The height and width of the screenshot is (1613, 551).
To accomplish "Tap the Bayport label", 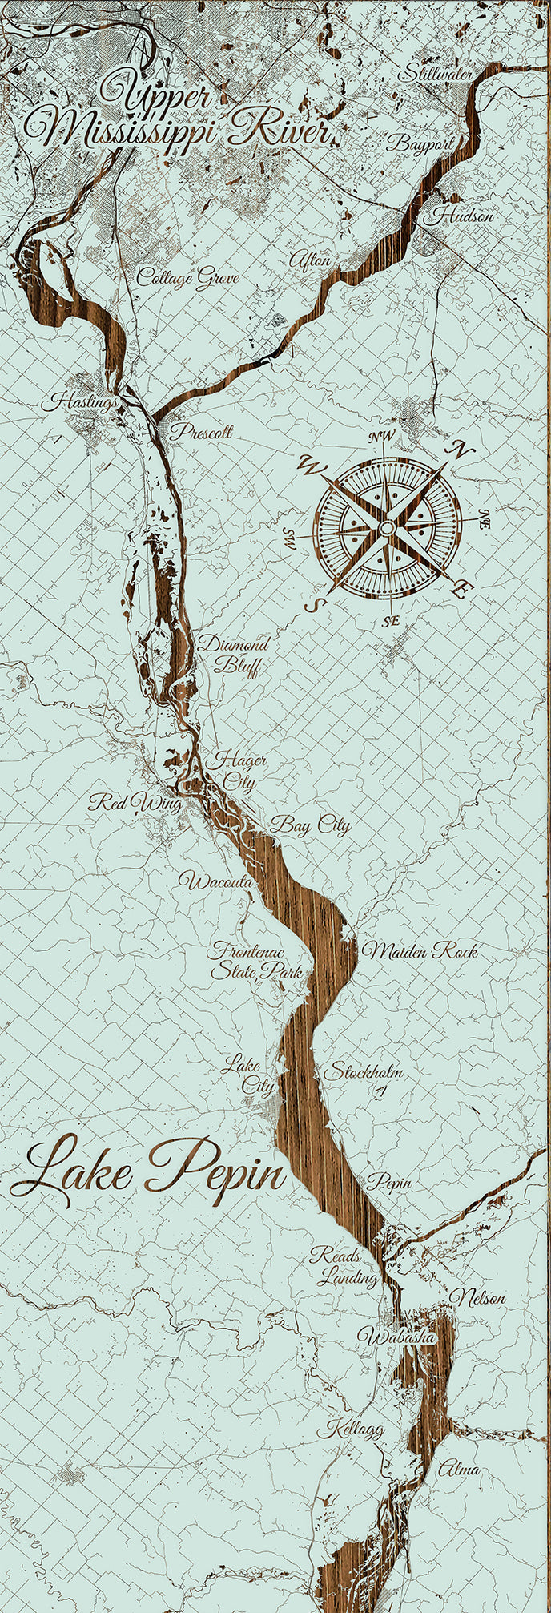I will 420,144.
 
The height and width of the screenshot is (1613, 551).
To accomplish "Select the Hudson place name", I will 462,216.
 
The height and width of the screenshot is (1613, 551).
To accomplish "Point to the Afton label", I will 308,261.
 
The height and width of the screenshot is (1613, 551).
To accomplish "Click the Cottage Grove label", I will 187,278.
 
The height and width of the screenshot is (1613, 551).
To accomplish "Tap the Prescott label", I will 200,432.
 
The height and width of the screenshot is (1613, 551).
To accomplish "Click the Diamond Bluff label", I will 233,655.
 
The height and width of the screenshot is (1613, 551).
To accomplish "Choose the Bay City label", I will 310,825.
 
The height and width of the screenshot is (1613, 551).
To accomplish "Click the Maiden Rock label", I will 420,951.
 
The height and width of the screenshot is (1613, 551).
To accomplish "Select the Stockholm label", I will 363,1071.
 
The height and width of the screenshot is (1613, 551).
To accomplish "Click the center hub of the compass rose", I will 386,528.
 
